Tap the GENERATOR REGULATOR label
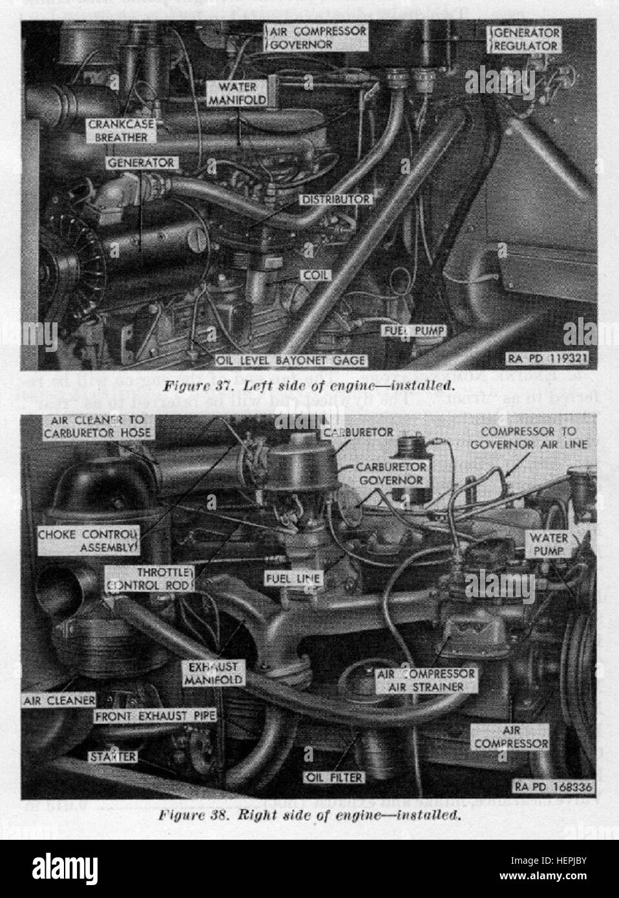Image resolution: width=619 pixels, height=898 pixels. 527,39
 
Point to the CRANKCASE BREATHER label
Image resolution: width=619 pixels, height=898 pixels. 118,132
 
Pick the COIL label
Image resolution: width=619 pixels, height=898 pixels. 315,275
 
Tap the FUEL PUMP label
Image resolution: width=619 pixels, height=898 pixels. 414,330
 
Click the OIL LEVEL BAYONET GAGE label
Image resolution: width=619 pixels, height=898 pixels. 292,360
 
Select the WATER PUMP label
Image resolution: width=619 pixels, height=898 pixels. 549,545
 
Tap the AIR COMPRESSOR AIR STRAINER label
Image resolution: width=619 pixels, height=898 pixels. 425,680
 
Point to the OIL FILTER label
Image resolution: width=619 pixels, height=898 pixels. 335,777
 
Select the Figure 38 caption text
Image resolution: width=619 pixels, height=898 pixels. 309,814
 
